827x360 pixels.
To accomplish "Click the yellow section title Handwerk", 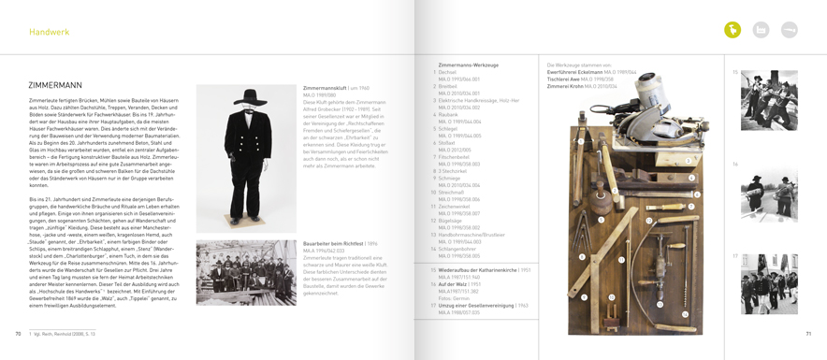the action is point(49,32).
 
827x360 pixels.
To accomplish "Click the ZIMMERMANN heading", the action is point(55,85).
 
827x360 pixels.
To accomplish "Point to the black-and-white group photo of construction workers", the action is point(245,272).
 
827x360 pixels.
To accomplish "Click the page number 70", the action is point(18,333).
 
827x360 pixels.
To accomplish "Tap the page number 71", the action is point(808,333).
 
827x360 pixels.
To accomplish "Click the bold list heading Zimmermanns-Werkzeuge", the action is point(468,65).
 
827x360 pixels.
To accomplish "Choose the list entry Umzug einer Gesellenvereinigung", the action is point(477,305).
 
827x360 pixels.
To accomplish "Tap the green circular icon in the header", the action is point(733,31).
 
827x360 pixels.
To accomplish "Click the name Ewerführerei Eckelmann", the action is point(574,72).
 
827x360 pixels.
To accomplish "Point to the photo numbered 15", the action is point(769,100).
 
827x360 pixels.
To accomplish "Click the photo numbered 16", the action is point(769,194).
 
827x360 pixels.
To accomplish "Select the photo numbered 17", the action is point(769,283).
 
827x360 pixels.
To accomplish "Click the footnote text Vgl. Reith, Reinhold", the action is point(64,334).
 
